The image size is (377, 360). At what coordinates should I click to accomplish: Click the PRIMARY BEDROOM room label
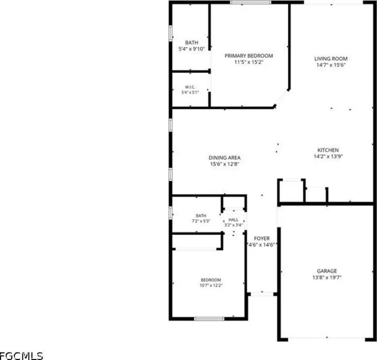pyautogui.click(x=249, y=56)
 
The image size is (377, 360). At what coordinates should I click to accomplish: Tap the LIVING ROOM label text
pyautogui.click(x=331, y=59)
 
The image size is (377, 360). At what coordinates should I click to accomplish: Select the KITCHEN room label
pyautogui.click(x=328, y=150)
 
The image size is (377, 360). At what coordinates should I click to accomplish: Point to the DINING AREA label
pyautogui.click(x=225, y=157)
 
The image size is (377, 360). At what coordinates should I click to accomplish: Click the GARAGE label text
pyautogui.click(x=327, y=271)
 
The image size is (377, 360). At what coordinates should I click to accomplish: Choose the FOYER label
pyautogui.click(x=262, y=239)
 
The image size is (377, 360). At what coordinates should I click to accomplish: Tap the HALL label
pyautogui.click(x=233, y=220)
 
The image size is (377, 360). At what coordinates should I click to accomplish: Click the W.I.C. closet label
pyautogui.click(x=190, y=87)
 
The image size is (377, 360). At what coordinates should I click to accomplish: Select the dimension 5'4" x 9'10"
pyautogui.click(x=192, y=49)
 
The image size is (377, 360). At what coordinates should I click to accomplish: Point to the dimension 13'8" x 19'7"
pyautogui.click(x=327, y=277)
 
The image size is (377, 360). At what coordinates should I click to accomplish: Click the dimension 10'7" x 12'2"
pyautogui.click(x=211, y=285)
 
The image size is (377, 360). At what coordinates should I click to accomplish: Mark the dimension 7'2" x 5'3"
pyautogui.click(x=201, y=221)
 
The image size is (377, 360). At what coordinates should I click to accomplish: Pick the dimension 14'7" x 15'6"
pyautogui.click(x=331, y=65)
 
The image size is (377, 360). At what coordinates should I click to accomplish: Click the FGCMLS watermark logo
pyautogui.click(x=21, y=356)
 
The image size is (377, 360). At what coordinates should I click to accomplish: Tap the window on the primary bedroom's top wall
pyautogui.click(x=251, y=3)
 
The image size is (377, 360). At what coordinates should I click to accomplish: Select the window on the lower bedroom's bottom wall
pyautogui.click(x=209, y=319)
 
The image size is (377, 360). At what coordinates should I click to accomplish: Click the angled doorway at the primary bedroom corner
pyautogui.click(x=281, y=98)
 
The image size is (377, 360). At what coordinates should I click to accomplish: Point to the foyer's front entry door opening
pyautogui.click(x=262, y=294)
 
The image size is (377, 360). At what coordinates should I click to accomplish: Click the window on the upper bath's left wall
pyautogui.click(x=171, y=33)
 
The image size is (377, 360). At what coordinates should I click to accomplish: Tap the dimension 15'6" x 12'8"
pyautogui.click(x=225, y=164)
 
